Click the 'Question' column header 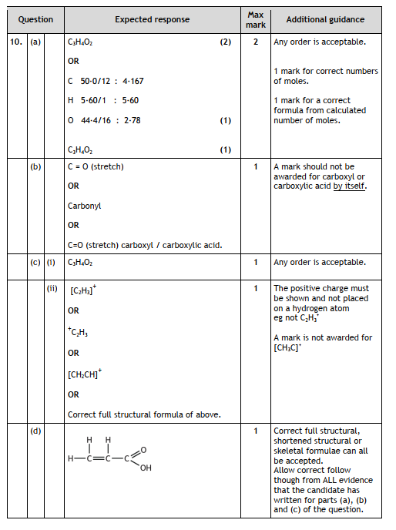pos(34,19)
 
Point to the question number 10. pos(16,42)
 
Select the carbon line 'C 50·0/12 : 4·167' pos(104,81)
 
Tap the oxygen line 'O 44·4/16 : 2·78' pos(103,120)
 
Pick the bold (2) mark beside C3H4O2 pos(225,42)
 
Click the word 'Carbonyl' pos(84,206)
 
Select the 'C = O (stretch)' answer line pos(96,166)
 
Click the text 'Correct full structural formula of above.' pos(144,414)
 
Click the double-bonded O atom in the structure pos(144,448)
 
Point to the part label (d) pos(35,431)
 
